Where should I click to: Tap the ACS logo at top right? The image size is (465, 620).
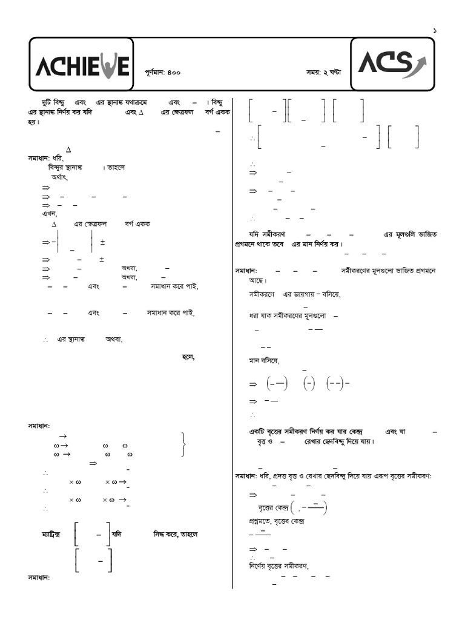[392, 63]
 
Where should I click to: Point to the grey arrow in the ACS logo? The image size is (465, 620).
[418, 60]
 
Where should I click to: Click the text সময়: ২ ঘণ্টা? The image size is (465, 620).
[323, 72]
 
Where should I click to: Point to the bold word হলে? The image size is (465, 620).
[188, 357]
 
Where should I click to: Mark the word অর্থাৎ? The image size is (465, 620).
[59, 178]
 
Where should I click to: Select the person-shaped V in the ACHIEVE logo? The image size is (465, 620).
[107, 66]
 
